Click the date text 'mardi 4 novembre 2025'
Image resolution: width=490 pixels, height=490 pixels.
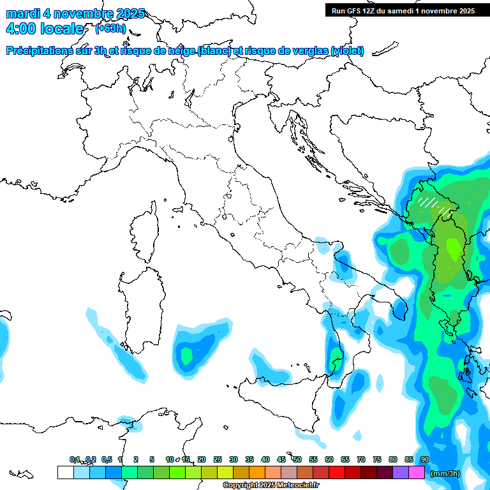75,13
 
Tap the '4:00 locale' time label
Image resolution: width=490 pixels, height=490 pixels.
44,29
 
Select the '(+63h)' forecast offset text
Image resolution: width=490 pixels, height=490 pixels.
110,29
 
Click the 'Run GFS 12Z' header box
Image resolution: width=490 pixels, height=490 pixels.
403,10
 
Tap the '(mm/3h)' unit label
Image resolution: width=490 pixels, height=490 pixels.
446,473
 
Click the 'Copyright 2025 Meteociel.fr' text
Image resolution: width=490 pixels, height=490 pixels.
271,486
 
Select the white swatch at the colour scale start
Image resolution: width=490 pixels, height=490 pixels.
65,472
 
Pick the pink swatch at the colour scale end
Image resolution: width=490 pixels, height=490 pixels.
416,472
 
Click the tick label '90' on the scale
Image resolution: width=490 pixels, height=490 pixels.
424,459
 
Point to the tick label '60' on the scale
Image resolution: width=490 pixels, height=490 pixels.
329,459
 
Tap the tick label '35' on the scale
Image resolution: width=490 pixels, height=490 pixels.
249,459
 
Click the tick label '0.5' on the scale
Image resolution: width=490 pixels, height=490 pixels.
106,459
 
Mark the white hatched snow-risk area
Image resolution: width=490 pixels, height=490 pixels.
433,204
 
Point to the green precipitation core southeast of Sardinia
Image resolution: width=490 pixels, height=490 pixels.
187,356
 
